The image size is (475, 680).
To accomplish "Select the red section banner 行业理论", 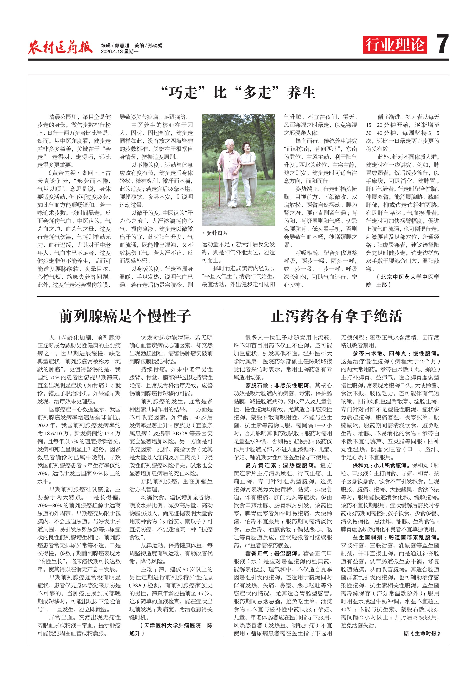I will coord(395,45).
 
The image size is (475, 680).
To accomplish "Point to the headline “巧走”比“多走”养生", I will coord(238,92).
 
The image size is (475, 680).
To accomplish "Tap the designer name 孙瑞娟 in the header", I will coord(155,46).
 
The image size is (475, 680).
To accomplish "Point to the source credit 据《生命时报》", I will coord(422,633).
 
